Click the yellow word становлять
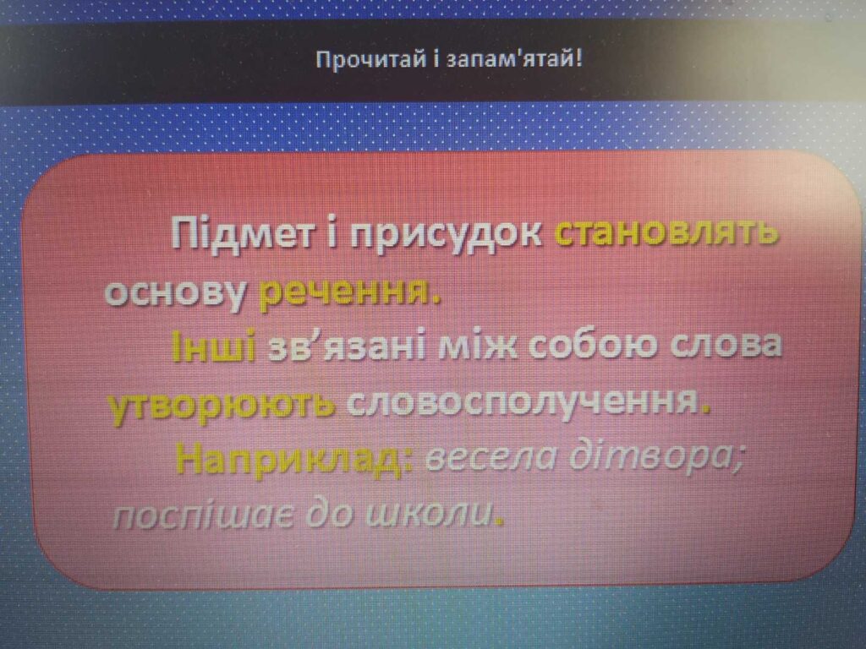click(x=666, y=232)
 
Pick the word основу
click(x=176, y=292)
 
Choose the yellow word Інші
click(x=213, y=346)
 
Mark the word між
click(x=478, y=346)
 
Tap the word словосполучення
click(x=522, y=403)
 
